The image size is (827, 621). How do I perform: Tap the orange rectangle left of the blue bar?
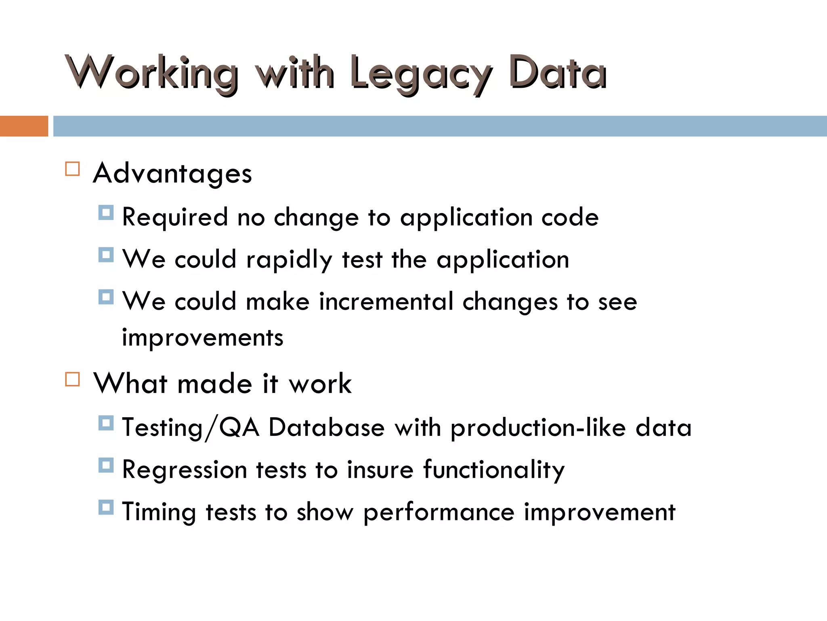point(24,126)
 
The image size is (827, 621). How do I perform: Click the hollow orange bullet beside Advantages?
point(72,169)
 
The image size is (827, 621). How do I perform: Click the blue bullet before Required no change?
point(106,213)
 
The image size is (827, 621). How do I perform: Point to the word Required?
point(175,218)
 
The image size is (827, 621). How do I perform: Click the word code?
point(570,218)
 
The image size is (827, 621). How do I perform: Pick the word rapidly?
point(289,260)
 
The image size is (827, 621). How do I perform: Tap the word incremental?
point(386,302)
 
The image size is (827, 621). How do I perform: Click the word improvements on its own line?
point(203,338)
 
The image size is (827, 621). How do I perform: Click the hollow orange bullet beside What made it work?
point(72,379)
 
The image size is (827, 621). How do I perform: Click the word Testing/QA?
point(191,428)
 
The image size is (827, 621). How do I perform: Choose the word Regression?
point(185,471)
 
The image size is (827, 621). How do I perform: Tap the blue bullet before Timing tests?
point(106,507)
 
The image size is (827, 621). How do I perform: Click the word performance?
point(439,513)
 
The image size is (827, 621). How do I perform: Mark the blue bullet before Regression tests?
point(106,465)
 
